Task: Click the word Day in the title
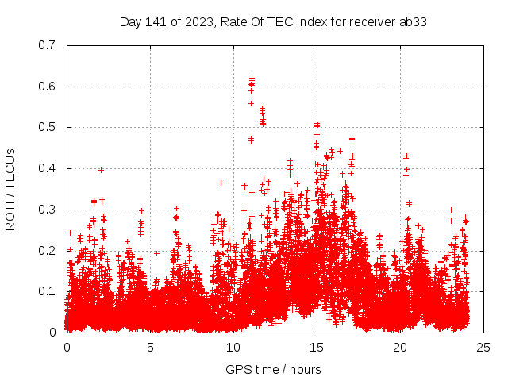pos(130,22)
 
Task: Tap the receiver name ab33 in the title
pos(412,22)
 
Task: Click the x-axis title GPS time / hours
pos(273,369)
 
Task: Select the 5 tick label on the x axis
pos(150,347)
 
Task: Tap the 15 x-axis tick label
pos(317,347)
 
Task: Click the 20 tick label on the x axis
pos(400,347)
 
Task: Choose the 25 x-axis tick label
pos(483,347)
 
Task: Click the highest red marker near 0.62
pos(252,79)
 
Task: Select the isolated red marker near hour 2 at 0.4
pos(101,170)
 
